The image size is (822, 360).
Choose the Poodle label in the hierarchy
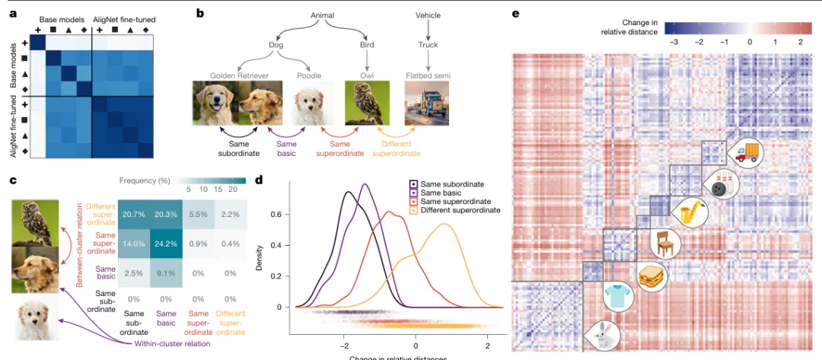308,76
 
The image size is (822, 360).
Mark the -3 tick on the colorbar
674,40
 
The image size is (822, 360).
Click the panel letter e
516,13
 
